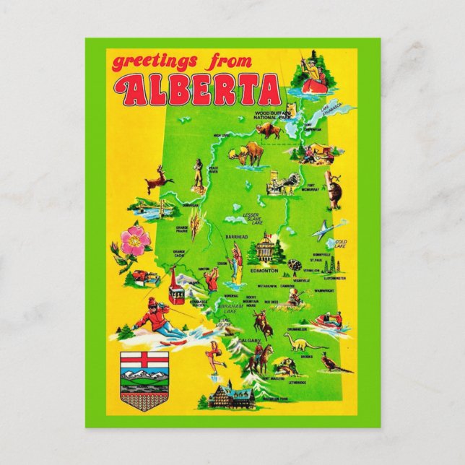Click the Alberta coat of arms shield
139,373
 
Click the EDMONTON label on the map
264,270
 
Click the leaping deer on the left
157,178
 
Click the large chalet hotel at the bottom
230,396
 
